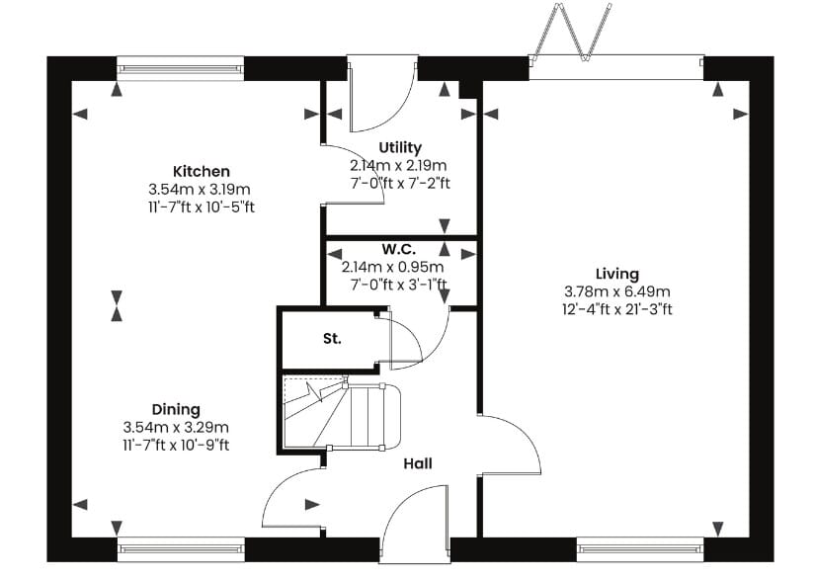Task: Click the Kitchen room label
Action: tap(202, 171)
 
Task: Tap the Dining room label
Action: tap(176, 410)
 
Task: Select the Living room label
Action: tap(617, 274)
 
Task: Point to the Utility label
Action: tap(400, 148)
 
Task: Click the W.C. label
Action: tap(399, 249)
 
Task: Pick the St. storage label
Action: tap(332, 339)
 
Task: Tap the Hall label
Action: tap(418, 463)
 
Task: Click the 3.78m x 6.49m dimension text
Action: tap(617, 291)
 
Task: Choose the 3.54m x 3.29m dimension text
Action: tap(176, 428)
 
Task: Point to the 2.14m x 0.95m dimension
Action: tap(393, 267)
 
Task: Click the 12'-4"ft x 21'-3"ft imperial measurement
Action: tap(617, 310)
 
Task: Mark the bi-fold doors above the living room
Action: tap(570, 33)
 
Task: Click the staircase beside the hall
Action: tap(341, 415)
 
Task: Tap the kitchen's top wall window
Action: tap(181, 68)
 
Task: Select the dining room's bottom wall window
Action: tap(181, 549)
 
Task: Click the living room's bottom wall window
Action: tap(640, 549)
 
